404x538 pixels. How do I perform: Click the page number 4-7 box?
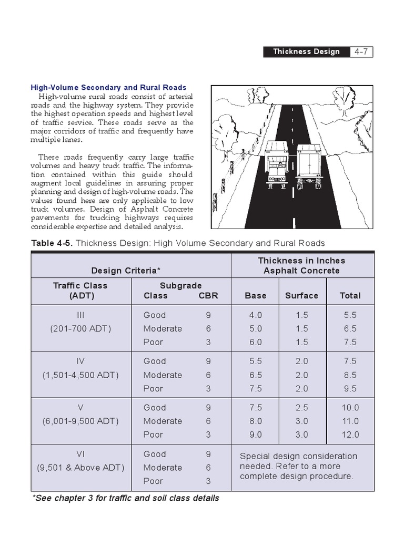tap(362, 51)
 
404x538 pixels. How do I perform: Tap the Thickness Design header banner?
tap(306, 51)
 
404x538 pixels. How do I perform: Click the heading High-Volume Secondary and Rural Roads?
tap(108, 88)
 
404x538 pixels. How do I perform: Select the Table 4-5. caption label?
tap(54, 243)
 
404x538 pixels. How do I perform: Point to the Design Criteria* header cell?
tap(126, 271)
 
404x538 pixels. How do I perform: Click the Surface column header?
tap(301, 295)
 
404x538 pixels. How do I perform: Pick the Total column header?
tap(350, 295)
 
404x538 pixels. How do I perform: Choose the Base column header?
tap(256, 295)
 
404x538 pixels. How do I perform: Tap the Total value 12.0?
tap(350, 434)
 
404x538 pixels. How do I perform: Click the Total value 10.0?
tap(350, 407)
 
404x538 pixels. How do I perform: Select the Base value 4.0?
tap(256, 315)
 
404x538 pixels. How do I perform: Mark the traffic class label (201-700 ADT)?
tap(80, 329)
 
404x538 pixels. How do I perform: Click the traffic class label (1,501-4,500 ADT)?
tap(80, 375)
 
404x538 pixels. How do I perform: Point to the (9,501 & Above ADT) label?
tap(80, 468)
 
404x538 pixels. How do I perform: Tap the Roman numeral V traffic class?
tap(80, 407)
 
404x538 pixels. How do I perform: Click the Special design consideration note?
tap(298, 466)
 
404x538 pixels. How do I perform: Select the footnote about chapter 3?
tap(126, 498)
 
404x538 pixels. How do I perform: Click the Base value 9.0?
tap(256, 434)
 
